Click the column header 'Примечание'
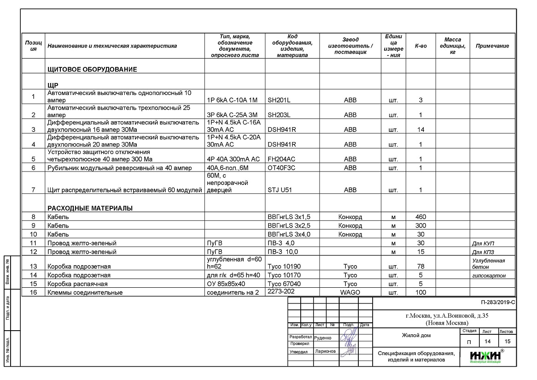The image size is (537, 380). click(492, 46)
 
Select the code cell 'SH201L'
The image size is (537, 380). click(279, 100)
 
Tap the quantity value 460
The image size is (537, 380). click(420, 217)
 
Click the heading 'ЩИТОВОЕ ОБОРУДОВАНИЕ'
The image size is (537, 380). click(92, 69)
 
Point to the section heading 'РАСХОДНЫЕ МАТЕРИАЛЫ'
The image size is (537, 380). click(90, 208)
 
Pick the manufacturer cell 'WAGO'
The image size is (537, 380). click(350, 292)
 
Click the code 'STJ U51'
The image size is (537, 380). click(280, 190)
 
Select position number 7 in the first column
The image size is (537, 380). click(33, 190)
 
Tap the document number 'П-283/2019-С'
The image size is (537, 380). click(497, 303)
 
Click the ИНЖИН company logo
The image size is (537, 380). click(485, 356)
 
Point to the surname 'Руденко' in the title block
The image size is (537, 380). click(322, 338)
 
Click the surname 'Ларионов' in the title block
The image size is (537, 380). click(326, 351)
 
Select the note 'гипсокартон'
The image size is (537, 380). click(489, 276)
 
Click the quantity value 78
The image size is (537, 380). click(420, 267)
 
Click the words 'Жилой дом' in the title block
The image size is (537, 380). click(416, 336)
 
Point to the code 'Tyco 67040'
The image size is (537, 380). click(284, 284)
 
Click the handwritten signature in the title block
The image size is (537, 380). click(349, 341)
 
